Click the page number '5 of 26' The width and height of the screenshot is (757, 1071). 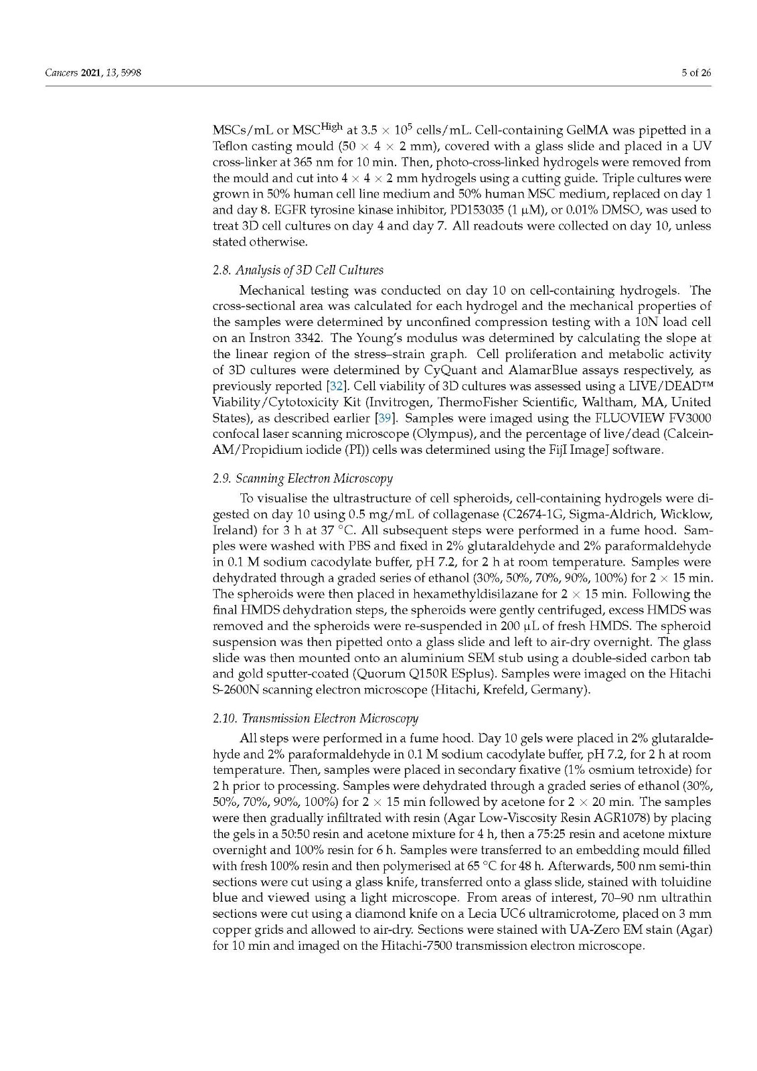click(696, 73)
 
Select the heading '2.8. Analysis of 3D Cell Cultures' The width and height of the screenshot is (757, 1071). click(298, 270)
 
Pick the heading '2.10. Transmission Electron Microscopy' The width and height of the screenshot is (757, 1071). click(315, 718)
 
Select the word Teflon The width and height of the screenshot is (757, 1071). click(230, 146)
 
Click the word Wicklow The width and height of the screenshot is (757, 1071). click(683, 514)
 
